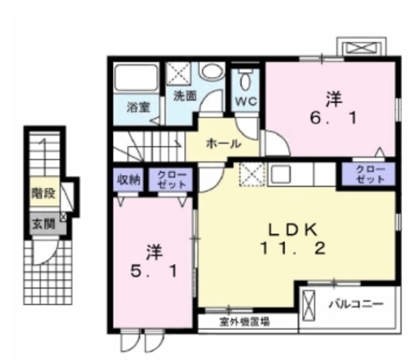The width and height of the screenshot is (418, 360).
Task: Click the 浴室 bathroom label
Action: click(x=137, y=106)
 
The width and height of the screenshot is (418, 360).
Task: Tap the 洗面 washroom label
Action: click(x=185, y=95)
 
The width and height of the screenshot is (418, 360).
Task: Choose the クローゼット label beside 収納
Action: click(x=172, y=180)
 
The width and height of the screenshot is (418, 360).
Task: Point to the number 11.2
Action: click(x=293, y=249)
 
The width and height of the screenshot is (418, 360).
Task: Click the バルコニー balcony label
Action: click(x=355, y=304)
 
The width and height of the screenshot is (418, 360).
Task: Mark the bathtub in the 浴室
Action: click(x=138, y=80)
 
